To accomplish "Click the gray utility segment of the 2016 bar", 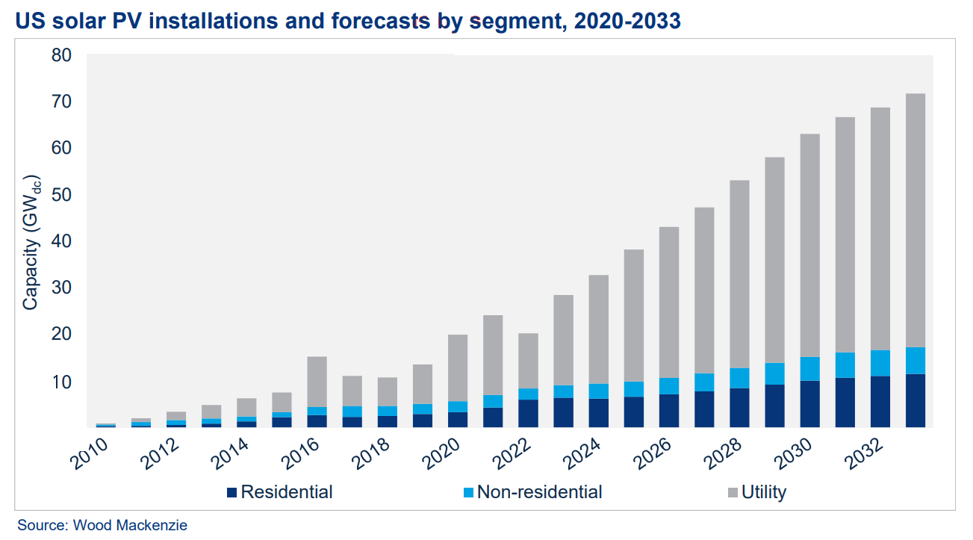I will [x=317, y=382].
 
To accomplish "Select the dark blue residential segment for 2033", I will [x=915, y=400].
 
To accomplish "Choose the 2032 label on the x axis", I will [x=862, y=455].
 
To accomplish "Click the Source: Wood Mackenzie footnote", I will [x=102, y=525].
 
